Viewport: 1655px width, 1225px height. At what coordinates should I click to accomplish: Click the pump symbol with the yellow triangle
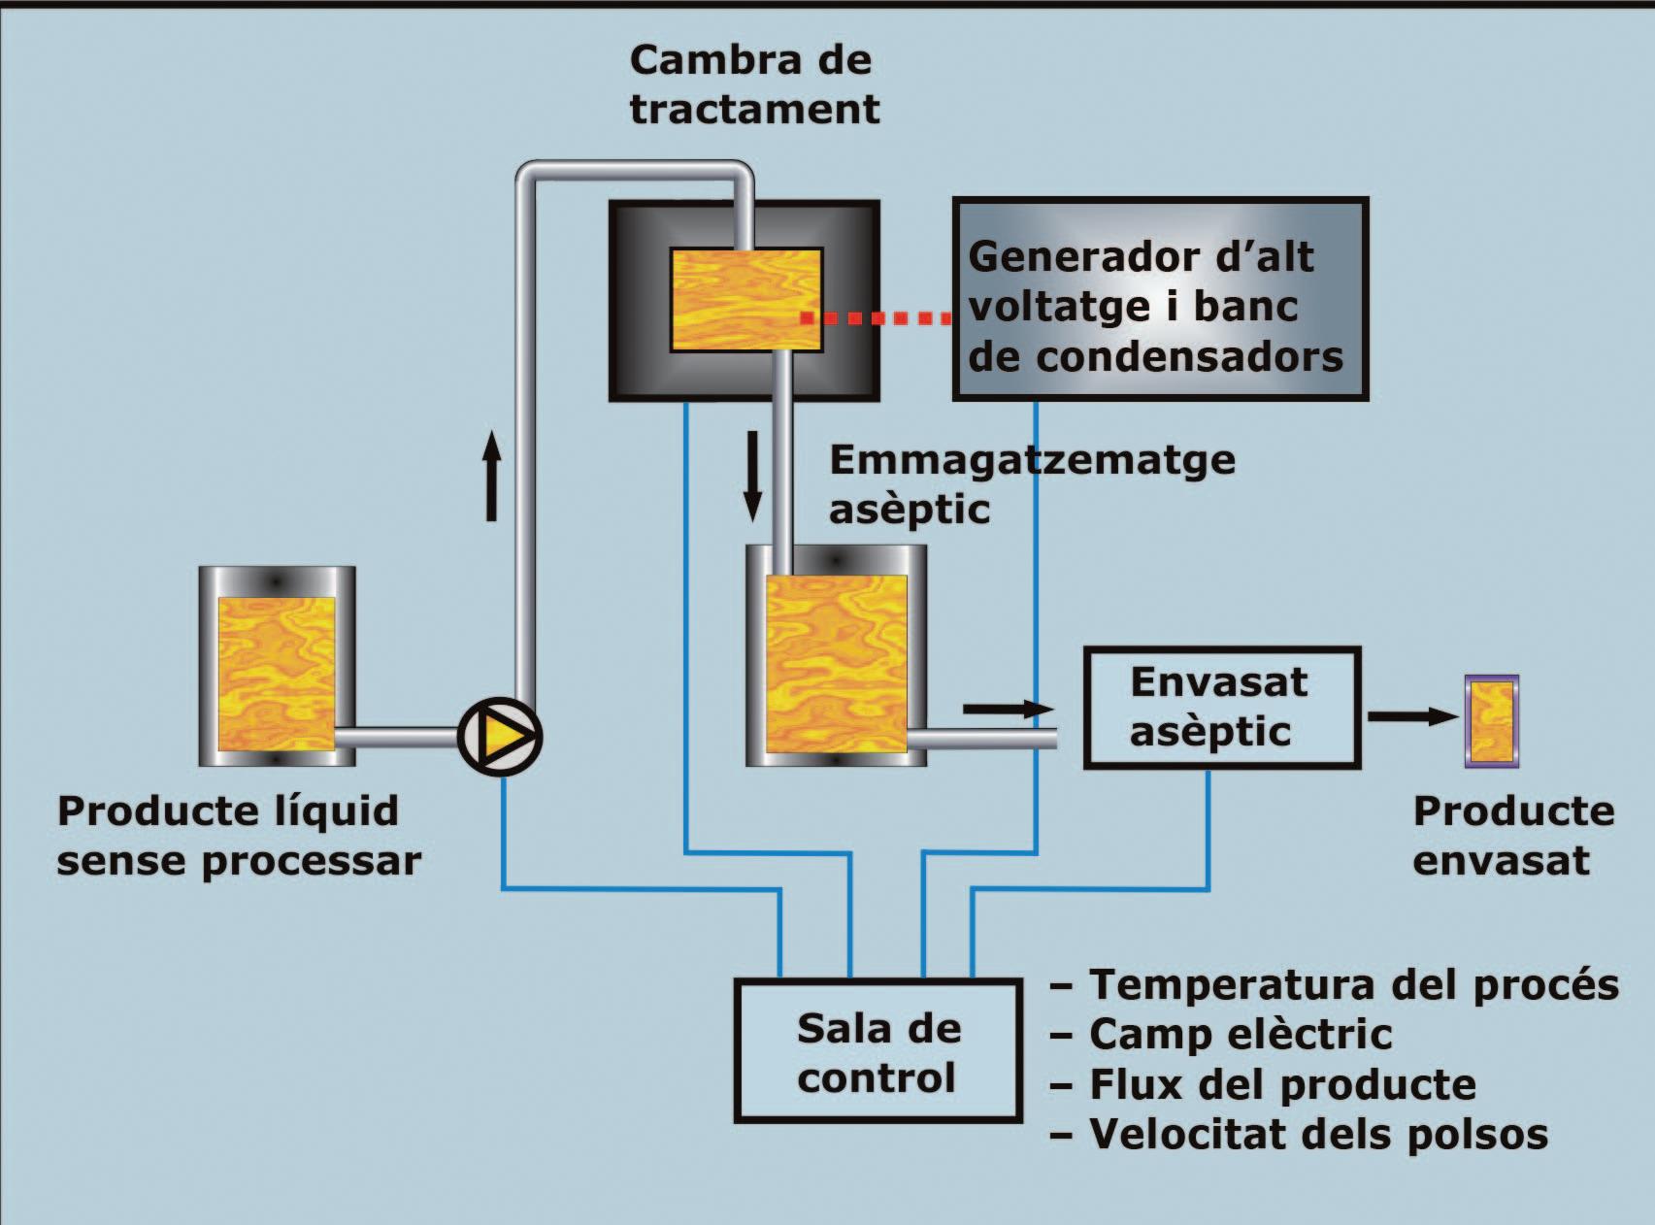point(499,737)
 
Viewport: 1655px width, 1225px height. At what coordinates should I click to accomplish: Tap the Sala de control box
point(878,1051)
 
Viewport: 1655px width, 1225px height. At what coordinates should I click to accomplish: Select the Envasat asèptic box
point(1221,708)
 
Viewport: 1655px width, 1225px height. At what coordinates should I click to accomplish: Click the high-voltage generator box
point(1160,300)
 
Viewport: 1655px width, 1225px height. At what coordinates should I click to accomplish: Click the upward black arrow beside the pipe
point(492,476)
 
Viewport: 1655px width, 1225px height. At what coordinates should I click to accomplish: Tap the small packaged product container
point(1491,721)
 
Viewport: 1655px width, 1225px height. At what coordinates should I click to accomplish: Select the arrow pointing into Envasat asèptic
point(1008,710)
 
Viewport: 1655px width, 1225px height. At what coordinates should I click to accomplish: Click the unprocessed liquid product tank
point(277,667)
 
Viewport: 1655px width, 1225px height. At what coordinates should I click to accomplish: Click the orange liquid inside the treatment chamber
point(745,299)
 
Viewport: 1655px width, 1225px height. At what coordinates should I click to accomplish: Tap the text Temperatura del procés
point(1353,984)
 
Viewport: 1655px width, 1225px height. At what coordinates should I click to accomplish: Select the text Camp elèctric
point(1241,1034)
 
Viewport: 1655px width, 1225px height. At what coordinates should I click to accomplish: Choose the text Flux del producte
point(1281,1084)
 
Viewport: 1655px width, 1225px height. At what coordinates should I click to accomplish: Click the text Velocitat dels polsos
point(1317,1134)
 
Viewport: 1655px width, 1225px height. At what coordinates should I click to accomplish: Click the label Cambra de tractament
point(754,84)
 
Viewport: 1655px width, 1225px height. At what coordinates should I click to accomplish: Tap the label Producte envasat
point(1512,835)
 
